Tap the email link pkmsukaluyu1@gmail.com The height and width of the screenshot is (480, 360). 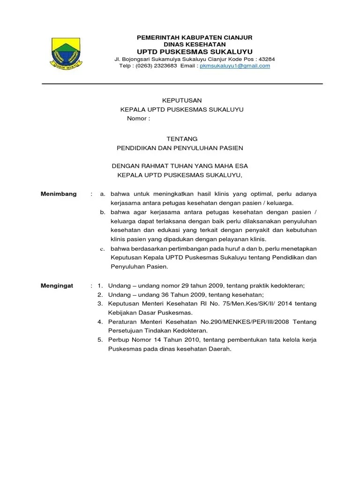[235, 66]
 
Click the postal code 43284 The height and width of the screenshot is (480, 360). [266, 59]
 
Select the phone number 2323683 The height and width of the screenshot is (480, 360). [164, 66]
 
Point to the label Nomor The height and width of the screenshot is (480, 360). [136, 119]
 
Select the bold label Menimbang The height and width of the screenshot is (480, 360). [59, 194]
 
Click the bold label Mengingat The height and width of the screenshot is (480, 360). [57, 285]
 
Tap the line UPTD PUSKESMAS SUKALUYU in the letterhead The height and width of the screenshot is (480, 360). [195, 51]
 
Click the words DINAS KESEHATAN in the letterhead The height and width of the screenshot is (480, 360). [194, 44]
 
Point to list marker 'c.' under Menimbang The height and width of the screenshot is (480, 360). [102, 248]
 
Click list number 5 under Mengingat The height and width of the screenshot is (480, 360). [100, 340]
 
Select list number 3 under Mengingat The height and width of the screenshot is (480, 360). [100, 304]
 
